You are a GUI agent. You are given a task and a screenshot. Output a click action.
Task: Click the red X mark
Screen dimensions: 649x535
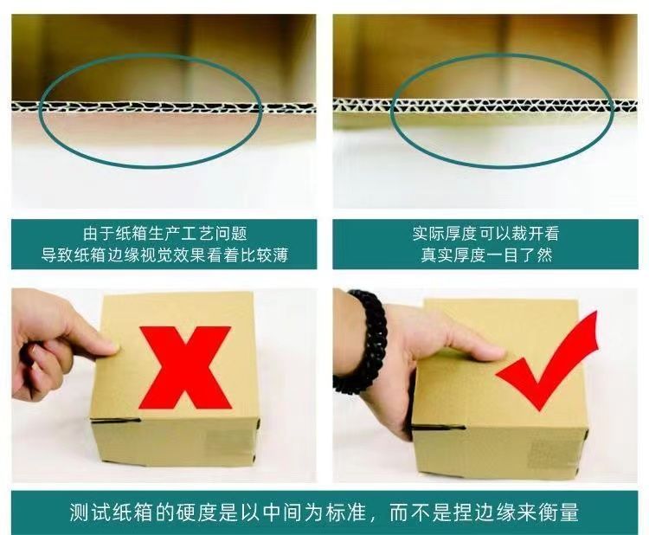(x=184, y=367)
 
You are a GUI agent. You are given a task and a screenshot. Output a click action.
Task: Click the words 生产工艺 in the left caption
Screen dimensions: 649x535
(x=181, y=234)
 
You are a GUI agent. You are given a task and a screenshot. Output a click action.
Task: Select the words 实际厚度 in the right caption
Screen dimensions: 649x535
(x=445, y=234)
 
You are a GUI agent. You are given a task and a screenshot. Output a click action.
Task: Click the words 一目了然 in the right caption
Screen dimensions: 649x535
(x=519, y=255)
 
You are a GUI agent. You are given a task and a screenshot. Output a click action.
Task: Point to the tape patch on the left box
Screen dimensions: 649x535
(x=228, y=444)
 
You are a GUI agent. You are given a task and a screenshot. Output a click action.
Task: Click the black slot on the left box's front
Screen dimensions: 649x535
(x=115, y=421)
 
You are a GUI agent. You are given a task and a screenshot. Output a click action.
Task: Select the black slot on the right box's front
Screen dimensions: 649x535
(x=439, y=428)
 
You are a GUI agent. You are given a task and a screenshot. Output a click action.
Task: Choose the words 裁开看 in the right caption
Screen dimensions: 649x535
(x=535, y=234)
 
